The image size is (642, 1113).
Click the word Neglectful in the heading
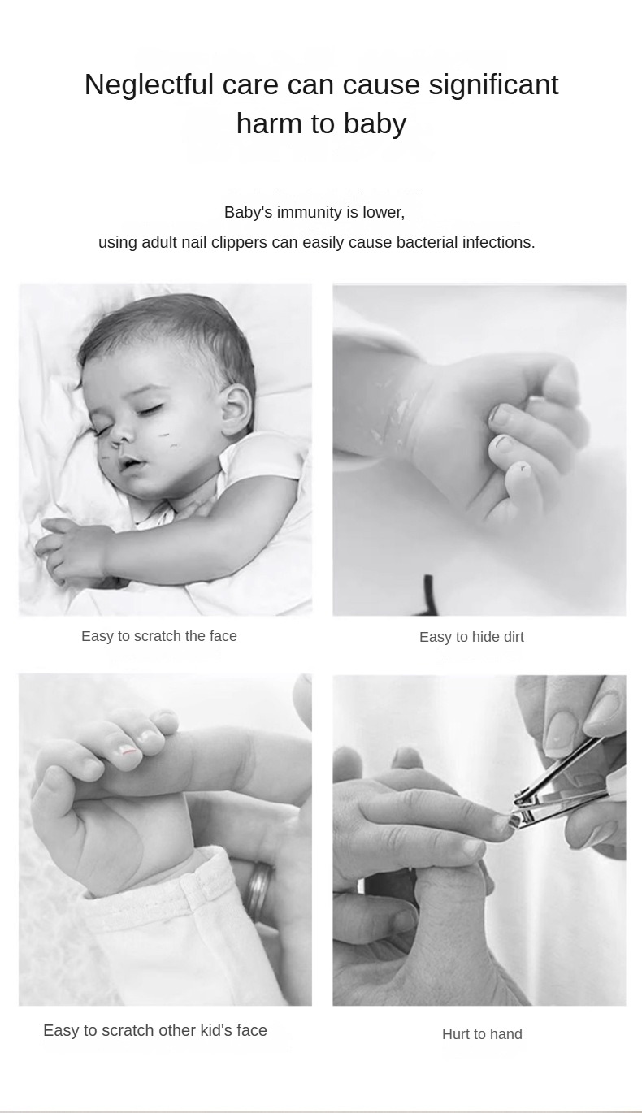click(x=149, y=84)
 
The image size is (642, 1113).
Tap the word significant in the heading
click(x=493, y=85)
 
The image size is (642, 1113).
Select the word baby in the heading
click(x=375, y=124)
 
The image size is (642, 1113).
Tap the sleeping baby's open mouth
click(x=131, y=465)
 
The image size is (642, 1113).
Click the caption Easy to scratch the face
click(x=159, y=636)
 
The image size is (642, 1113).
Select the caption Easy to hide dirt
click(x=471, y=637)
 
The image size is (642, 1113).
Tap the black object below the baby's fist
click(x=427, y=595)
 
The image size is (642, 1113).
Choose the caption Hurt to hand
click(x=482, y=1034)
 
